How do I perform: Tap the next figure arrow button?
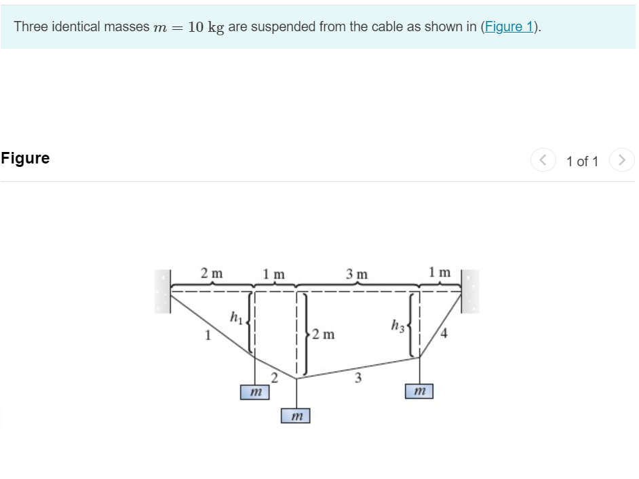pos(621,160)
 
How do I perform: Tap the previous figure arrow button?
pos(543,160)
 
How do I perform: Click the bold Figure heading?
pos(25,158)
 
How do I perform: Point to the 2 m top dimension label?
pos(212,273)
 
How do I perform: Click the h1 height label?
pos(235,316)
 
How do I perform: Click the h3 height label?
pos(398,326)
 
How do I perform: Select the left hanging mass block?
pos(254,392)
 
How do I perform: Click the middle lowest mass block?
pos(296,415)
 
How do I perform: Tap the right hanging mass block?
pos(419,391)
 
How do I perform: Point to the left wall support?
pos(162,291)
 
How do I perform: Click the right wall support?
pos(470,291)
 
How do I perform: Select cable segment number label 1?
pos(208,334)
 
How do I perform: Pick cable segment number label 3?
pos(358,377)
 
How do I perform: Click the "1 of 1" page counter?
pos(582,161)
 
